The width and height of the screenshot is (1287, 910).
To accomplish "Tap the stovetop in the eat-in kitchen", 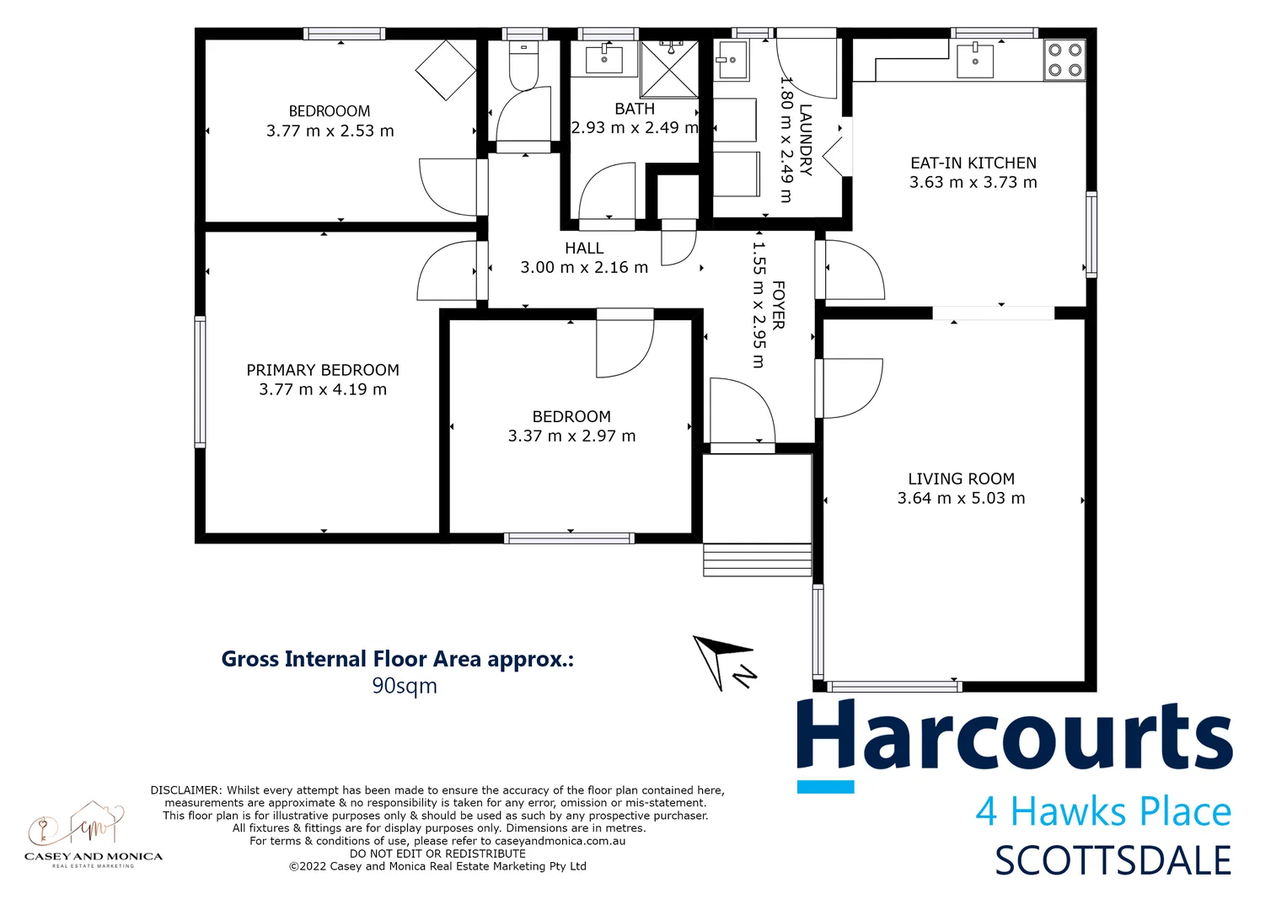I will (1064, 60).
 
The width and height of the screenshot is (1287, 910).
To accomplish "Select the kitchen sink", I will (975, 61).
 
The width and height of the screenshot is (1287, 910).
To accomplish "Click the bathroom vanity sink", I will (603, 60).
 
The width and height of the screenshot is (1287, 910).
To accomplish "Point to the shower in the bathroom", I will (669, 68).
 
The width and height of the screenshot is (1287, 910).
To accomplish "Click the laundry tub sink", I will (732, 61).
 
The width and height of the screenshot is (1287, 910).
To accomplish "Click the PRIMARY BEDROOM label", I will (323, 370).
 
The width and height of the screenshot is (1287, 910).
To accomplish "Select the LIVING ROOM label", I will (961, 479).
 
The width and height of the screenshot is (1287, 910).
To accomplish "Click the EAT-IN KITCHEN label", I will (973, 163).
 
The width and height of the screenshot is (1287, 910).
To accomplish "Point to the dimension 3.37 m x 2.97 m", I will (571, 436).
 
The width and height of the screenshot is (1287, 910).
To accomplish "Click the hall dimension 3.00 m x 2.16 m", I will (584, 267).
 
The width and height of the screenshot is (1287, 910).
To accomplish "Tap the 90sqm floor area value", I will (405, 686).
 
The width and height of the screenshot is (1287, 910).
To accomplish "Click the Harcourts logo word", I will (1014, 736).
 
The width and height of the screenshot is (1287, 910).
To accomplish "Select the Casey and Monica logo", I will (93, 834).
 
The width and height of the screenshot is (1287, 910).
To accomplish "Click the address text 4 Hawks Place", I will (1103, 811).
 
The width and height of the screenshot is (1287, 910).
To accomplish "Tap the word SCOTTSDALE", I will (1113, 861).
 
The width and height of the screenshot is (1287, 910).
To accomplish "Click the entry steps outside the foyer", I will (757, 560).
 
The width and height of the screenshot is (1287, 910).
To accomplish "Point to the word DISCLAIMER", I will (185, 790).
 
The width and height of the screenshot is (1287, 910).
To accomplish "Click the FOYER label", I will (778, 305).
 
